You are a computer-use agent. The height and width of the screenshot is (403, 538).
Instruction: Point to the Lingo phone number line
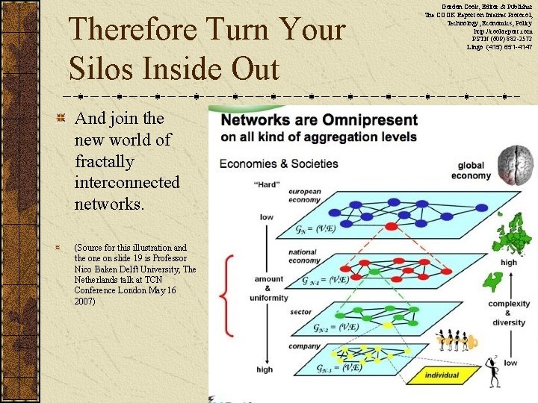coord(499,47)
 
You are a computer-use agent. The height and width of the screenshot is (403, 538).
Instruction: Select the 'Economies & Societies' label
coord(278,163)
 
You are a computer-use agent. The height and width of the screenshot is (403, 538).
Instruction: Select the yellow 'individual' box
coord(442,375)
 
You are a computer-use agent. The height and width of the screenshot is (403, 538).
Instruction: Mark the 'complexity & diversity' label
coord(508,313)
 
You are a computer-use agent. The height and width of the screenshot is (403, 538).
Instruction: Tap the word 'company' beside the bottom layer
coord(304,346)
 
